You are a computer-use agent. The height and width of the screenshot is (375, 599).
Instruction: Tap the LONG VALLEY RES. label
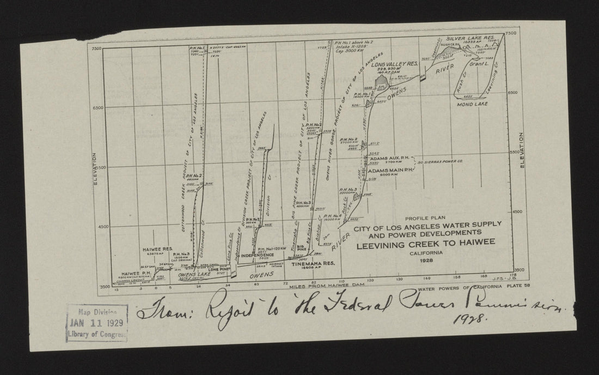pos(395,64)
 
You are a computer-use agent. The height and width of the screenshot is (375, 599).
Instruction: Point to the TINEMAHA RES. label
pos(310,264)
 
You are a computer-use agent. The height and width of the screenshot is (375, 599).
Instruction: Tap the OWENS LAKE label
pos(195,275)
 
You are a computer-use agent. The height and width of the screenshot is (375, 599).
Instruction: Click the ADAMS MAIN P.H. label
pos(392,170)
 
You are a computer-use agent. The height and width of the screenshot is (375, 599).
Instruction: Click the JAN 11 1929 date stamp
pos(96,322)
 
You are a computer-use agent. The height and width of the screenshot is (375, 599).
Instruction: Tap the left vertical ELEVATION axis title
pos(95,169)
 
